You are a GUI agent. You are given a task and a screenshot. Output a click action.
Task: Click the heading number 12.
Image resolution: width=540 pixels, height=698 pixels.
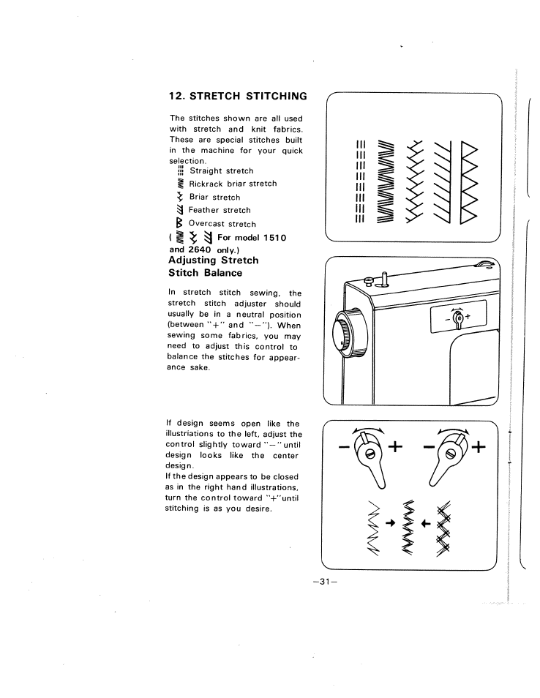coord(176,96)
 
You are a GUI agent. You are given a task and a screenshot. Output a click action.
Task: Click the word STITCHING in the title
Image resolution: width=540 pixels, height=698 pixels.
coord(272,96)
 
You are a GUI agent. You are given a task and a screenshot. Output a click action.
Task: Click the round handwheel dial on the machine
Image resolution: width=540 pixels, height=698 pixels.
coord(344,333)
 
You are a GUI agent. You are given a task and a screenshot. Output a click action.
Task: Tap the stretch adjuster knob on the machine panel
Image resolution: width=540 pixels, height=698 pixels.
coord(457,318)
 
